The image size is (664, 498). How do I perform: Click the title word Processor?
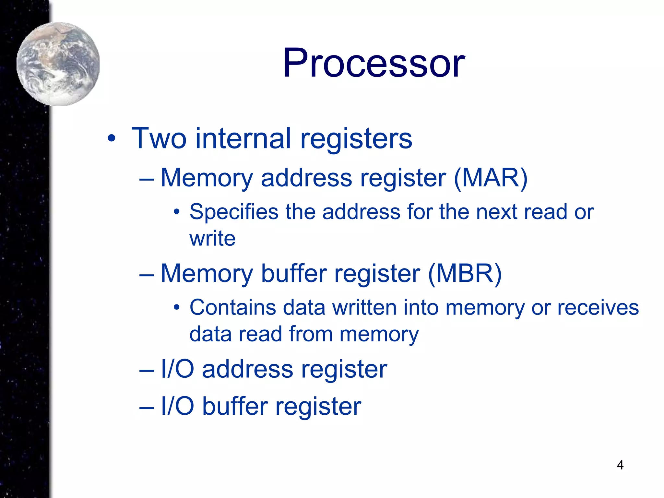(374, 63)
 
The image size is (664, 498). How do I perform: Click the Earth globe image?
(58, 64)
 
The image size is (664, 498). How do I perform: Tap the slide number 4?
(620, 465)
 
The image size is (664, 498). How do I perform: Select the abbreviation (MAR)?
(491, 178)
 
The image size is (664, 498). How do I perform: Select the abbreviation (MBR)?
(465, 273)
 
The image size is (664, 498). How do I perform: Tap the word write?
(212, 239)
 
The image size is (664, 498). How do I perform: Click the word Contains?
(232, 307)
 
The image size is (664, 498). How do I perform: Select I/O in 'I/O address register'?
(177, 369)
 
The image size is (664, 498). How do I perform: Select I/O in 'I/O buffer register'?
(177, 406)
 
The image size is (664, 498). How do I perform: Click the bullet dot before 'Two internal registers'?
(111, 139)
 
